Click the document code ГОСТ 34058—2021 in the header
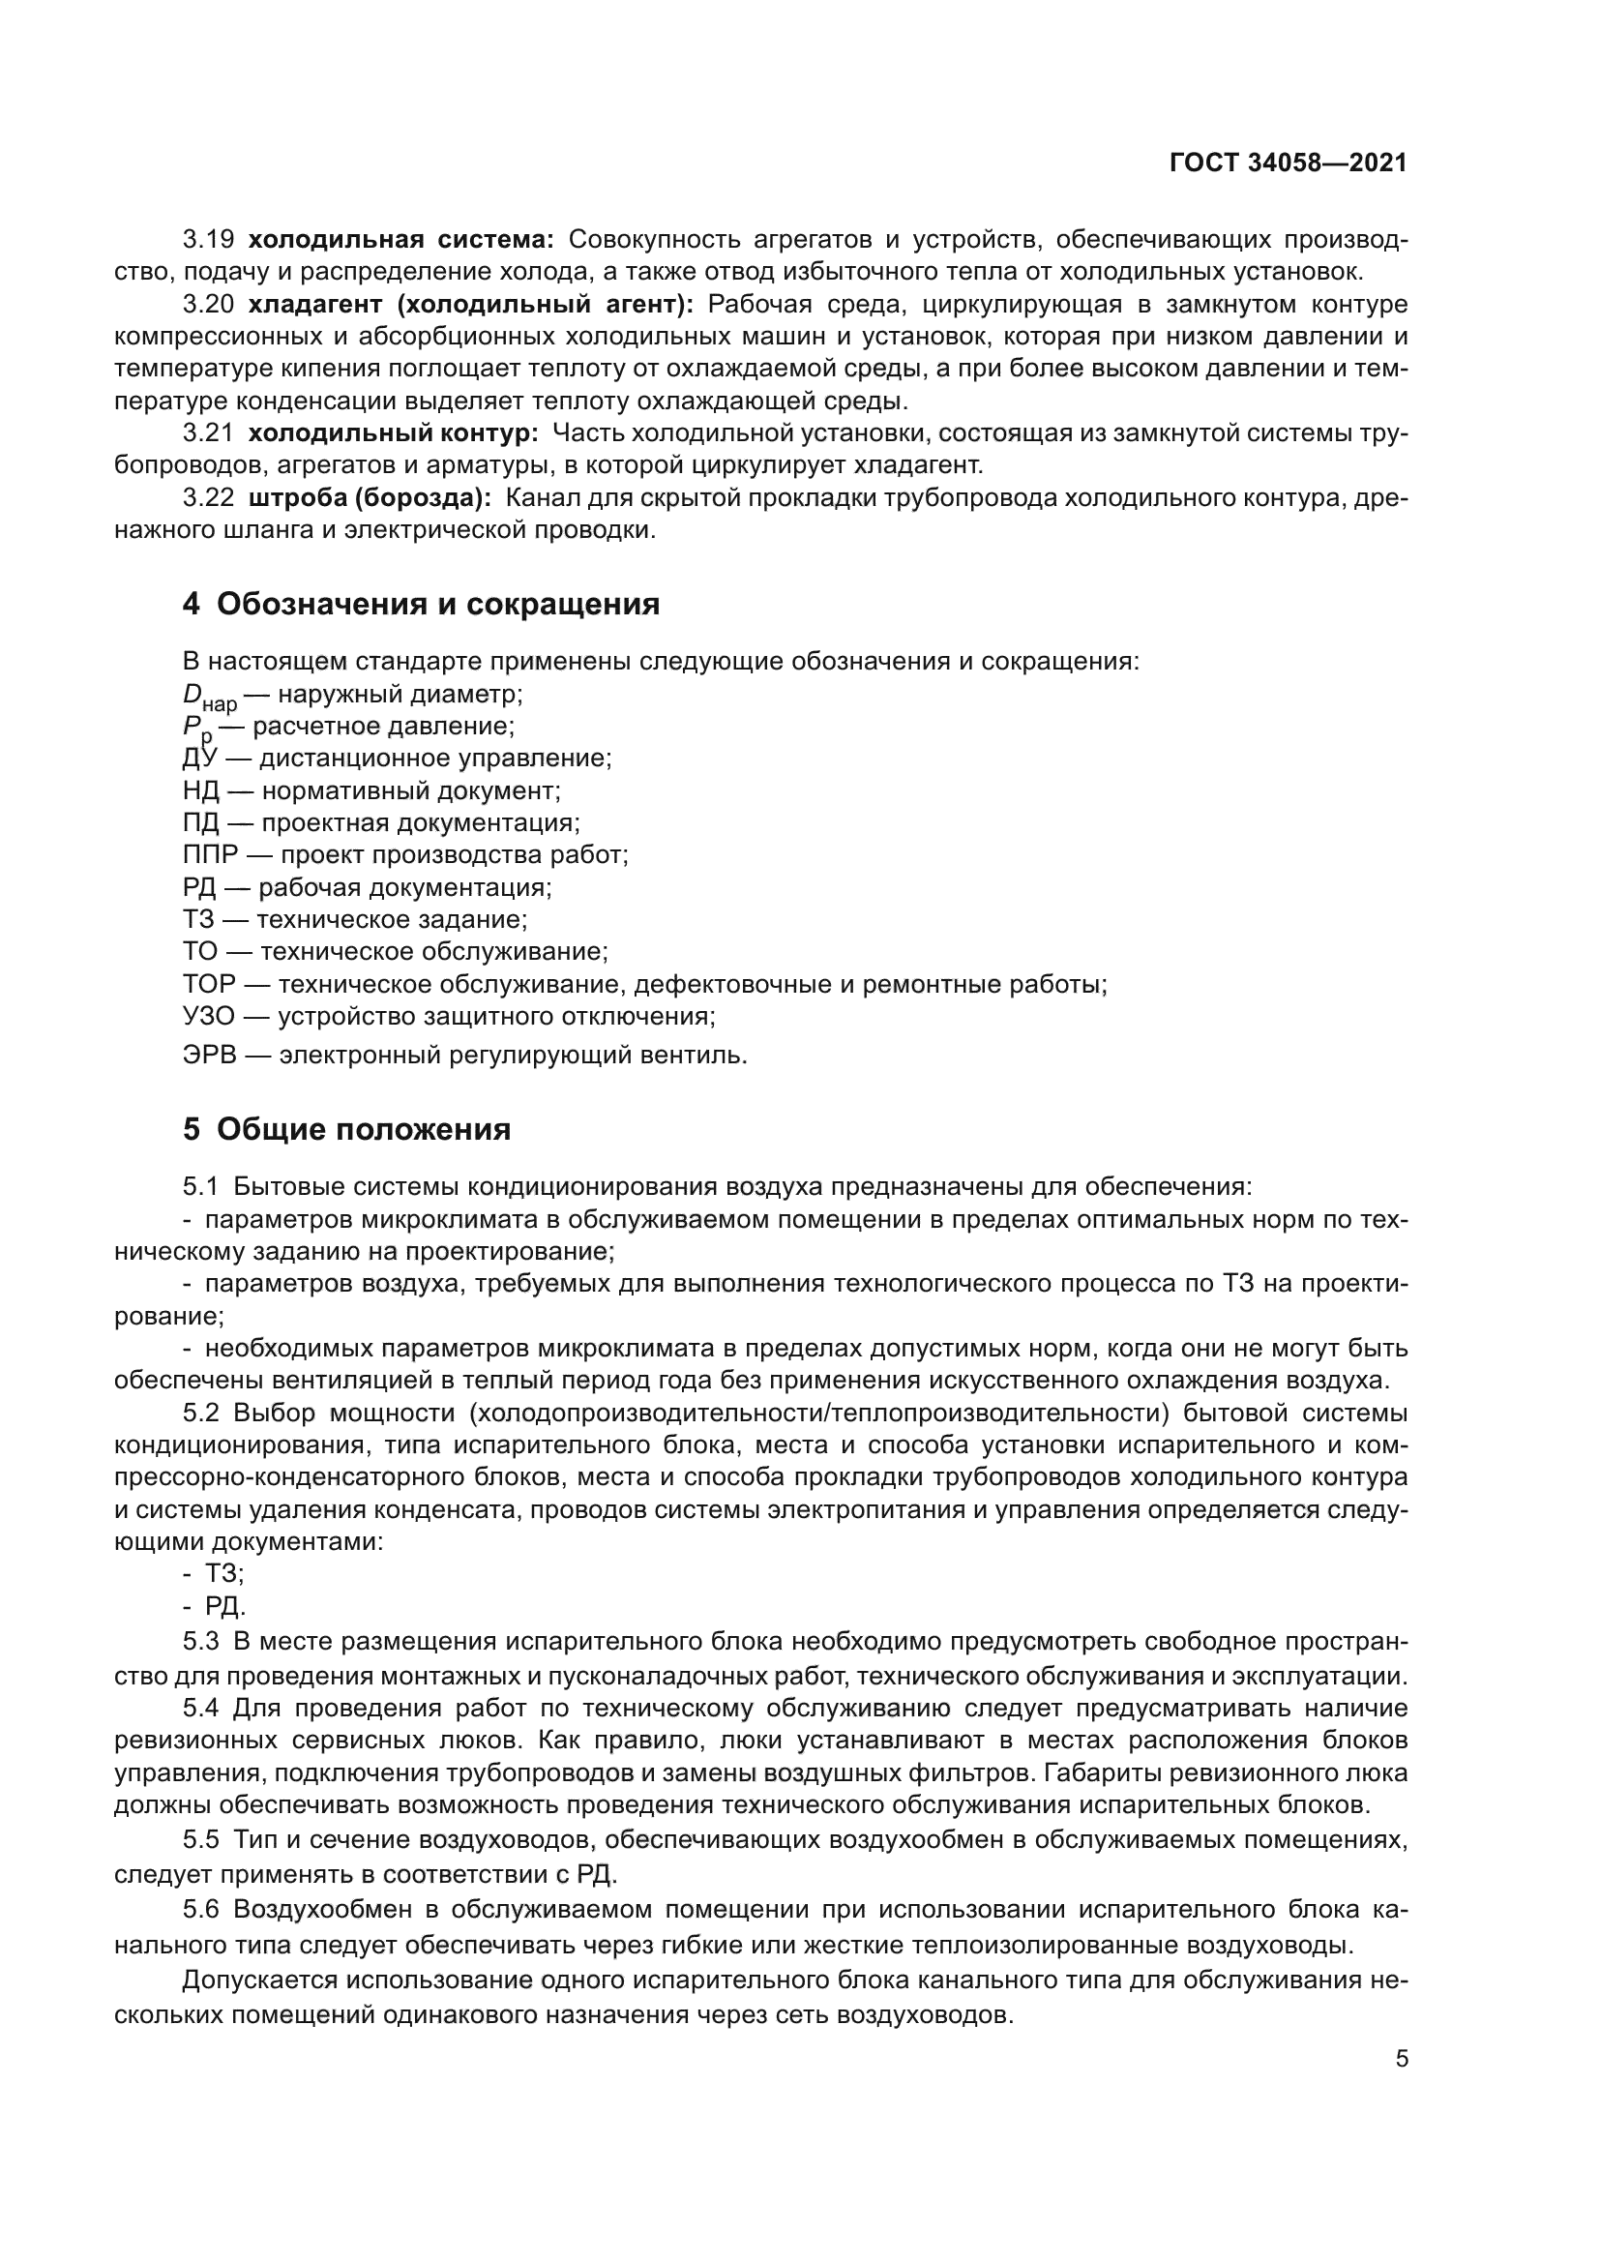pyautogui.click(x=1288, y=163)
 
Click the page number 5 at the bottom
pyautogui.click(x=1401, y=2058)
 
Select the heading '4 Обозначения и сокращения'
pyautogui.click(x=421, y=603)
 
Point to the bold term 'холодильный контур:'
pyautogui.click(x=392, y=432)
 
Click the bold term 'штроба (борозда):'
pyautogui.click(x=369, y=497)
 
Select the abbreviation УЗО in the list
pyautogui.click(x=208, y=1015)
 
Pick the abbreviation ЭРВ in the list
pyautogui.click(x=208, y=1056)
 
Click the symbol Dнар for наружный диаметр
pyautogui.click(x=208, y=697)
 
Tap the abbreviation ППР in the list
pyautogui.click(x=211, y=854)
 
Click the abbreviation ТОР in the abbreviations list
pyautogui.click(x=209, y=984)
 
